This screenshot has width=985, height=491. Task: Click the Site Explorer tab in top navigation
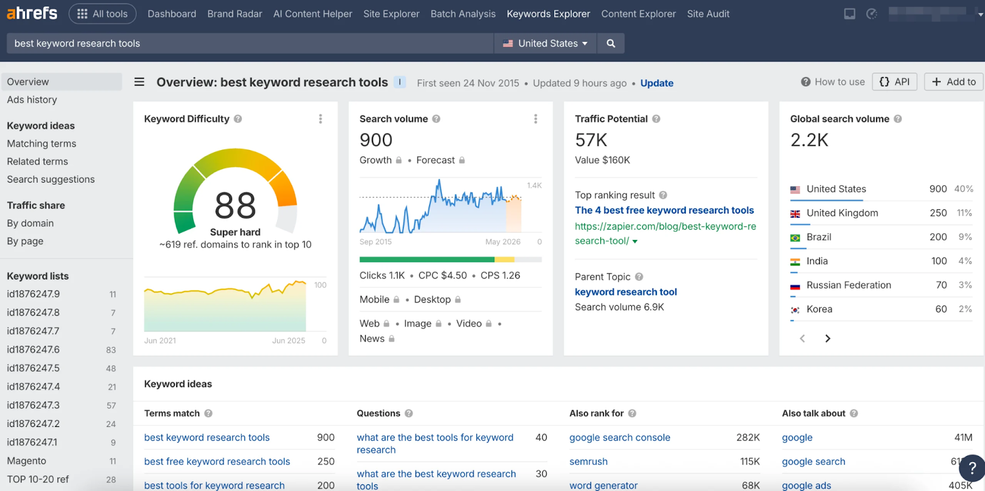391,14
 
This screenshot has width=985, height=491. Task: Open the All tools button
102,14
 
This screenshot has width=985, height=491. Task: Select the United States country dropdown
545,43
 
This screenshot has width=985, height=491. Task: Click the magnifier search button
611,43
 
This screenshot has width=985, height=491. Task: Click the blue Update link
656,83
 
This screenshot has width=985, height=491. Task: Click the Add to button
953,82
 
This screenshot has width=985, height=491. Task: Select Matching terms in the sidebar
41,143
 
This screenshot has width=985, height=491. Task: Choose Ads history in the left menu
32,100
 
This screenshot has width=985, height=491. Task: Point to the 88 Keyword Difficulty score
235,206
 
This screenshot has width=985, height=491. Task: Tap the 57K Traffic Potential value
591,140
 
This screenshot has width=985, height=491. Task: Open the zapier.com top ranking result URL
665,234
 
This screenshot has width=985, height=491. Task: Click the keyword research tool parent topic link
625,292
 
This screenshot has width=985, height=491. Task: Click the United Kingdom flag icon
795,214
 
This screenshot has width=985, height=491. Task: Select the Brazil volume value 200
938,237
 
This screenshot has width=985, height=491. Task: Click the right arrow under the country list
827,338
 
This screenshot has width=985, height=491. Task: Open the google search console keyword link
619,437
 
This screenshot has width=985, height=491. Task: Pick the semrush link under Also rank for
588,461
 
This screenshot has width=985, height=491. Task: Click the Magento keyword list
26,461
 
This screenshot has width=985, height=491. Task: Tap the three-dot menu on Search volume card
536,119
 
